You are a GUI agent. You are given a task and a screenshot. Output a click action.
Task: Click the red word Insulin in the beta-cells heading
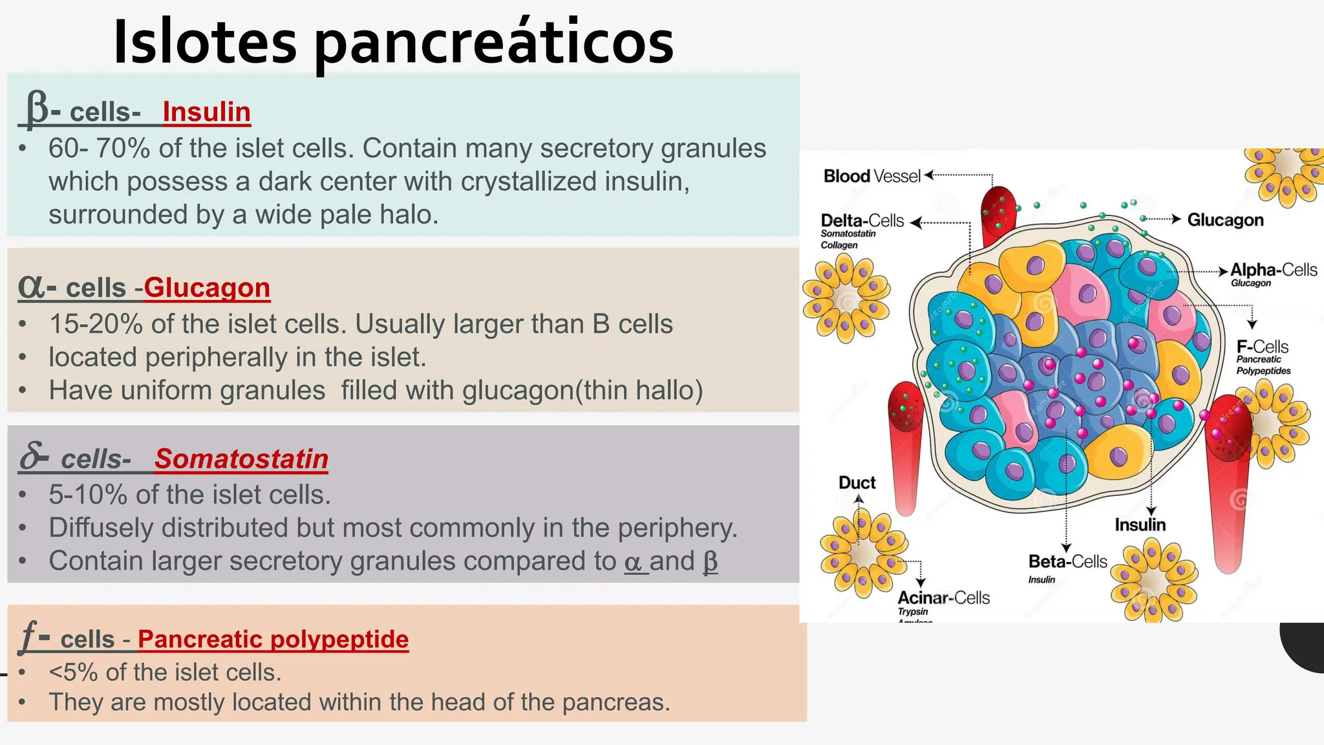[x=206, y=112]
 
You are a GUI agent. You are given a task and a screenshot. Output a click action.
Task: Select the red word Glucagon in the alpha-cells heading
[x=207, y=288]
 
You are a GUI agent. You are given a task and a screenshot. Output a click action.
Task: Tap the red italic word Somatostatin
[x=241, y=459]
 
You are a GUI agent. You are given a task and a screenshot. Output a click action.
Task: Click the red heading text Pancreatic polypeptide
[x=273, y=639]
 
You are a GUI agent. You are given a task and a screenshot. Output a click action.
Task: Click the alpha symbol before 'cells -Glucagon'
[x=31, y=286]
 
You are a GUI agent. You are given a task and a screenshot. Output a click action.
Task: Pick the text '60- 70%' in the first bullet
[x=99, y=149]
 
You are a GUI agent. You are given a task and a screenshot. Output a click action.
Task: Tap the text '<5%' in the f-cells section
[x=73, y=673]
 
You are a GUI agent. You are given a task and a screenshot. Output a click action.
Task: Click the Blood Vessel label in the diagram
[x=871, y=176]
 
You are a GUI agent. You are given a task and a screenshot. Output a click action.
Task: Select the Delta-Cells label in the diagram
[x=862, y=221]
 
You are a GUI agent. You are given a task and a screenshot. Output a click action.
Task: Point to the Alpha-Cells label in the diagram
[x=1273, y=270]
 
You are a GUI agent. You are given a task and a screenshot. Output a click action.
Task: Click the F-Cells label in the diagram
[x=1262, y=347]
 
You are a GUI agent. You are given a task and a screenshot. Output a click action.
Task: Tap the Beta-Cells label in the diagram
[x=1067, y=561]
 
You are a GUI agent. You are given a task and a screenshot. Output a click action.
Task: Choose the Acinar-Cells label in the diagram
[x=943, y=598]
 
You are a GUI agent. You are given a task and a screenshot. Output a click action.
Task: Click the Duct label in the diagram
[x=857, y=482]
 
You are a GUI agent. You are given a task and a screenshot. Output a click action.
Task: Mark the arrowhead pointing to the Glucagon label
[x=1177, y=219]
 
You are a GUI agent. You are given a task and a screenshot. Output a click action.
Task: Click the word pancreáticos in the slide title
[x=494, y=43]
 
